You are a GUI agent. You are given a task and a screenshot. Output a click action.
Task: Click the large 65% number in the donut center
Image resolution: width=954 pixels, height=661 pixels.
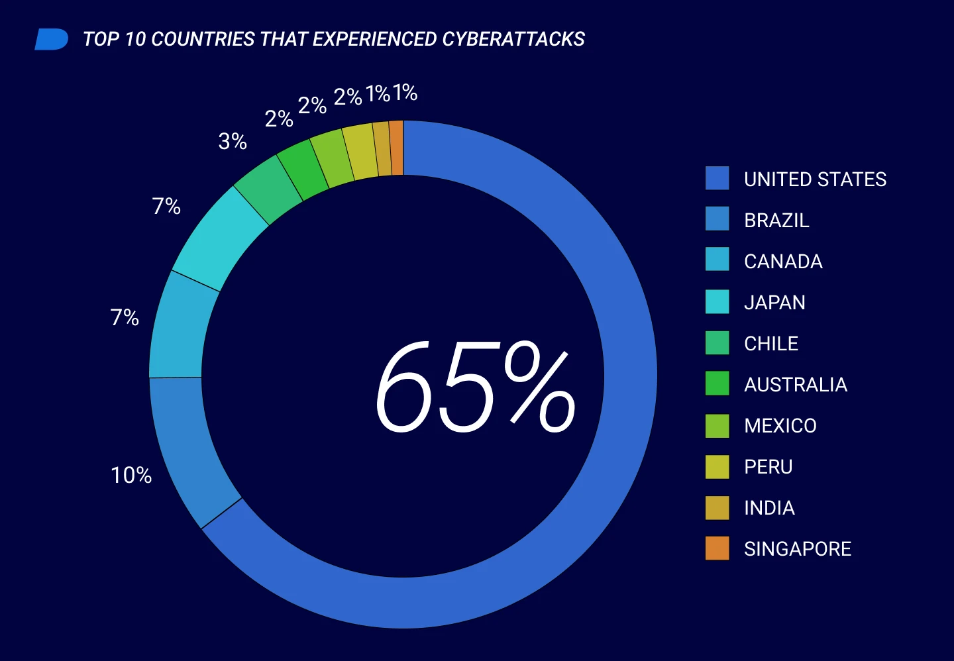point(475,387)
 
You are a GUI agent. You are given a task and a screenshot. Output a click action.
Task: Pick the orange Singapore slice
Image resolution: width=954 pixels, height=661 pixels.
point(396,148)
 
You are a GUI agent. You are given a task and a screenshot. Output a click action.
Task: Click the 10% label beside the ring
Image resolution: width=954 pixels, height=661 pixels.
point(131,475)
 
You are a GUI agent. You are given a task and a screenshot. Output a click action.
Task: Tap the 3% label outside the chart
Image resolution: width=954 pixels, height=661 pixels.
point(233,141)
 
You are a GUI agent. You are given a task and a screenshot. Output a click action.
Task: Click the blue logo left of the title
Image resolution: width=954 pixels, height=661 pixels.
point(51,39)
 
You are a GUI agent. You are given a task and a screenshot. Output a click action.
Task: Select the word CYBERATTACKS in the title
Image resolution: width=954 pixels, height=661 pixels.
point(513,39)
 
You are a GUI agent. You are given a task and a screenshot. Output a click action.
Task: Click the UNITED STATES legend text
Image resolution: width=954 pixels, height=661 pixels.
point(815,179)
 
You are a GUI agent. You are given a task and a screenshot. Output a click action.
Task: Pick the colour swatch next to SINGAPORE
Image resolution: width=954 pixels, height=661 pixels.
point(717,548)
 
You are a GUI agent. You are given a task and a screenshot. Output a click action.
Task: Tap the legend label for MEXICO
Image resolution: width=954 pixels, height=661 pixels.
point(780,425)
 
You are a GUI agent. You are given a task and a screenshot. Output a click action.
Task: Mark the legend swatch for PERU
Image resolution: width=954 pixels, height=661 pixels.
point(717,466)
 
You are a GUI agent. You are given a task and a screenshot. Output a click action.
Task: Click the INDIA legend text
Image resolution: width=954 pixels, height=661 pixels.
point(769,507)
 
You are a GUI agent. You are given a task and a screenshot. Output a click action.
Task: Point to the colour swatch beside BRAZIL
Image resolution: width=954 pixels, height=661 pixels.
point(717,219)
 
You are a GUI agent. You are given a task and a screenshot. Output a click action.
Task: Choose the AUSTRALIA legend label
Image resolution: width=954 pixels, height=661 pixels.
point(795,384)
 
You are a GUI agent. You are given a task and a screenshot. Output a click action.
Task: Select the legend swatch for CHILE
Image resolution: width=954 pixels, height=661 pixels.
point(717,342)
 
